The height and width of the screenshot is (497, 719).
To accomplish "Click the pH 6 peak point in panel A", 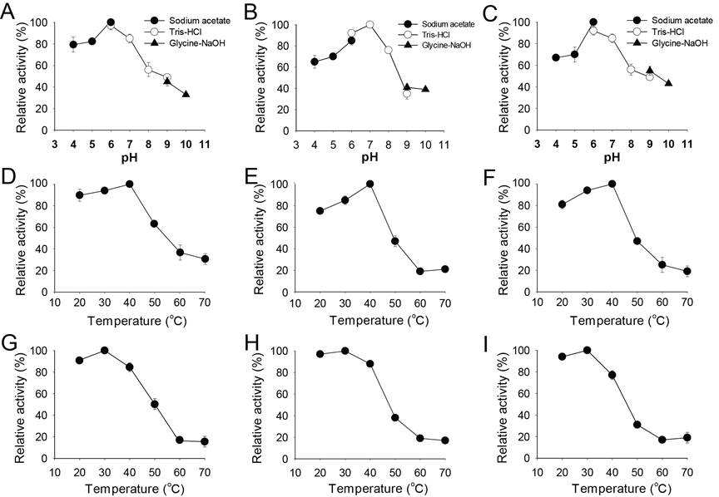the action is pos(111,22).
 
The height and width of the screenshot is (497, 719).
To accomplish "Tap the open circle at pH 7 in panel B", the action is pos(369,24).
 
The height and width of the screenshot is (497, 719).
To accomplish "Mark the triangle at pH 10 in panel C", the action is pos(668,83).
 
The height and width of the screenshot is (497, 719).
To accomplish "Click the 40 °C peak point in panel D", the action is pos(129,185).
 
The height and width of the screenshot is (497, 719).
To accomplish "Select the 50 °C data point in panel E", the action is pos(394,241).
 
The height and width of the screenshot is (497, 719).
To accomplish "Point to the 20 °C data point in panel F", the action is pos(562,204).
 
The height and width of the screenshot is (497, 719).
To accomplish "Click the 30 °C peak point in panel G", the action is pos(104,351).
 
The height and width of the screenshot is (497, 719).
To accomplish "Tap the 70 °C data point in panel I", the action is pos(687,437).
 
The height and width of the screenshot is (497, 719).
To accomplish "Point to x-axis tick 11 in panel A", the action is pos(205,145).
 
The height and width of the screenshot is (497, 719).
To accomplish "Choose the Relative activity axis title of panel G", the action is pos(21,404).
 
